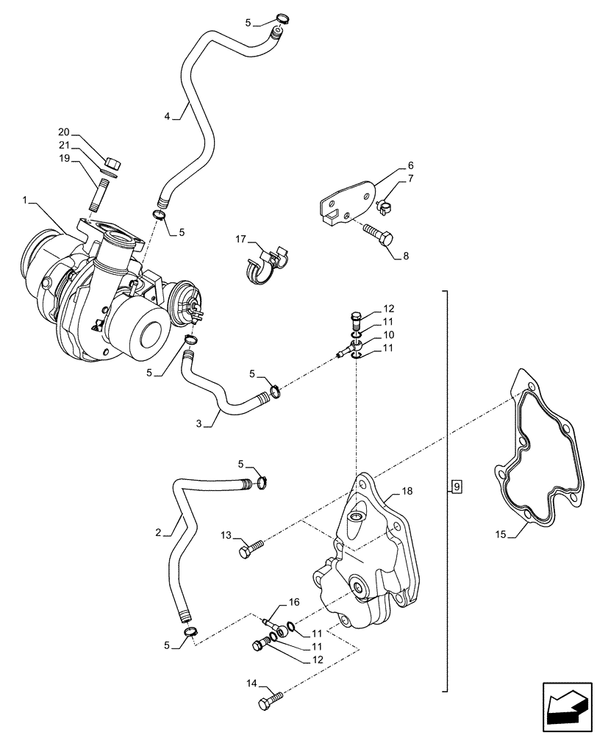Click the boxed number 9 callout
point(457,486)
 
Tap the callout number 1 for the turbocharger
point(26,200)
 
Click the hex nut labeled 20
point(112,163)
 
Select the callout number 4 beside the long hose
point(167,116)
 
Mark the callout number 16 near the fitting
point(294,602)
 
